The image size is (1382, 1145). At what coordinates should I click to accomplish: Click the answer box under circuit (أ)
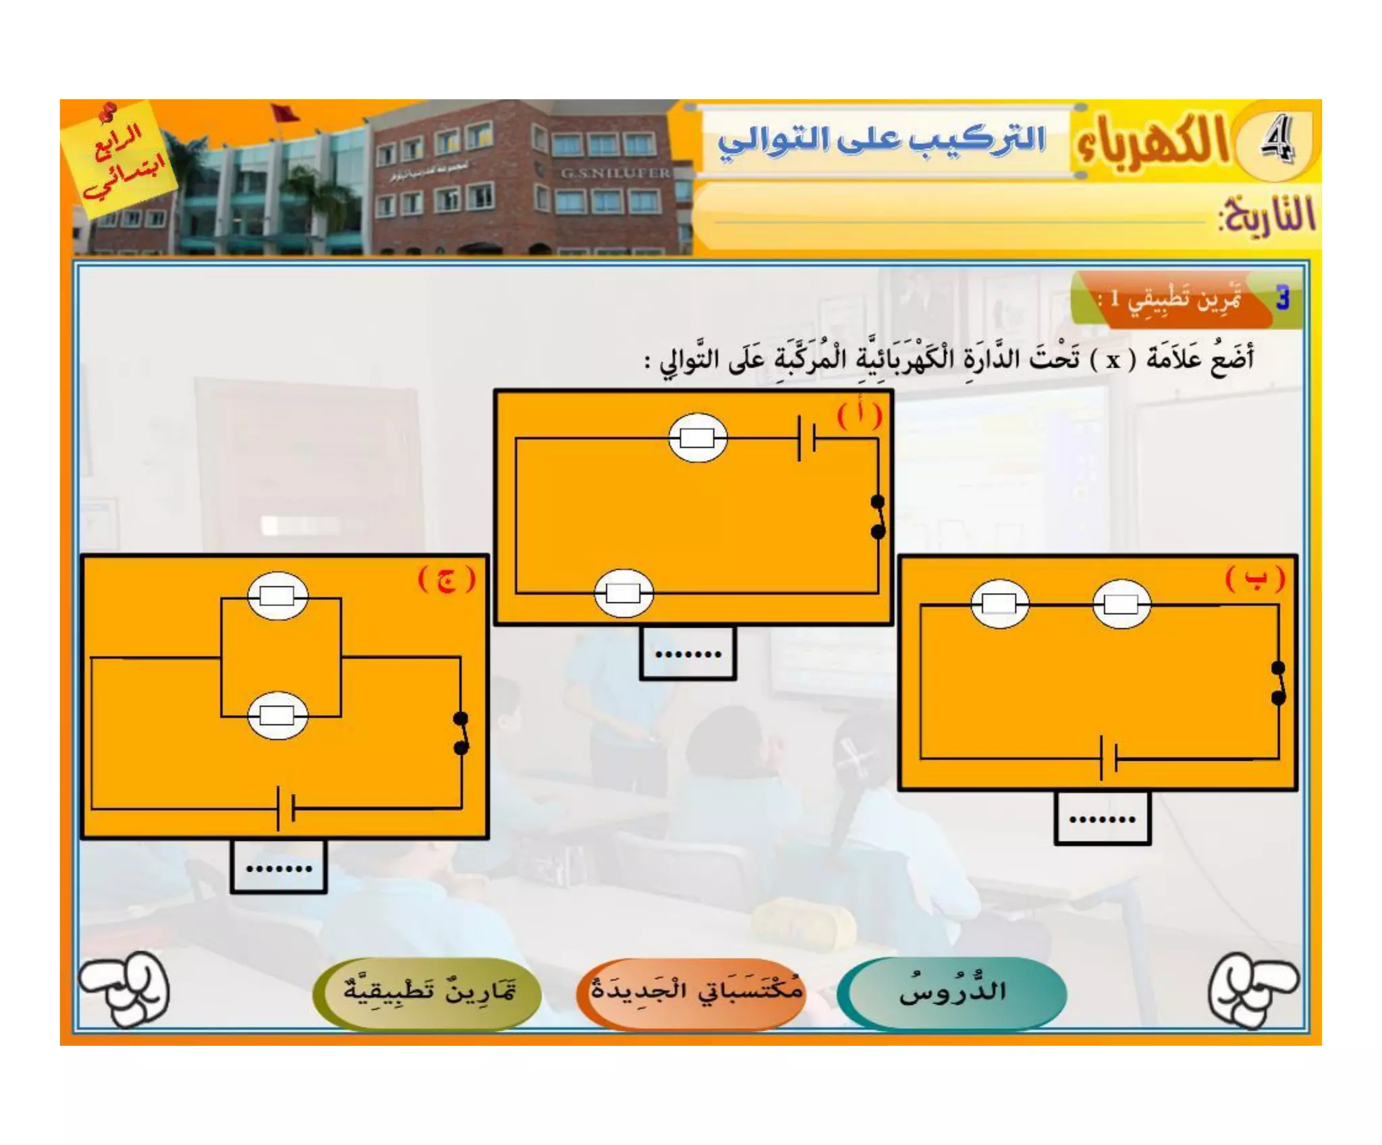(688, 652)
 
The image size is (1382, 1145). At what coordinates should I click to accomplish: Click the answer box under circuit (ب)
(1102, 818)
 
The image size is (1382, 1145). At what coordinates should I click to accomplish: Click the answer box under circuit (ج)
(279, 866)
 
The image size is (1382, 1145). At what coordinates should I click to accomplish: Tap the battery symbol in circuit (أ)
(806, 439)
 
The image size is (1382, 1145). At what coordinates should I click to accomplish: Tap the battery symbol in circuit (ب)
(1108, 758)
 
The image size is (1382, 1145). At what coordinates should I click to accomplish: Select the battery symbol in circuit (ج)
(285, 807)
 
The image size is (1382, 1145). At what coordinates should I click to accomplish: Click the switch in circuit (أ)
(878, 517)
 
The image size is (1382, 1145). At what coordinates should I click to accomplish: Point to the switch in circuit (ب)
(1278, 683)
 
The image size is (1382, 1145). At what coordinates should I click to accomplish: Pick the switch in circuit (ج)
(462, 733)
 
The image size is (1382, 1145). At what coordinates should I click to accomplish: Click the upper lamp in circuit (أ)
(698, 438)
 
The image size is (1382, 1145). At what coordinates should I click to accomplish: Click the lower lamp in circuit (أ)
(624, 593)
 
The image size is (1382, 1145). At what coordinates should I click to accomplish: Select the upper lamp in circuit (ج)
(277, 596)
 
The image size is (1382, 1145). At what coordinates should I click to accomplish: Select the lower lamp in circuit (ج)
(277, 715)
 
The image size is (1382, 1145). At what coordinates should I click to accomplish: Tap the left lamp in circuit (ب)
(999, 603)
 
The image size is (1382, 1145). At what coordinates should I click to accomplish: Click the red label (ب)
(1254, 578)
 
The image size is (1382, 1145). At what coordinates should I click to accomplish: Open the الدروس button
(952, 992)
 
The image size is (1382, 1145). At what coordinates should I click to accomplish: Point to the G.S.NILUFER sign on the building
(615, 173)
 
